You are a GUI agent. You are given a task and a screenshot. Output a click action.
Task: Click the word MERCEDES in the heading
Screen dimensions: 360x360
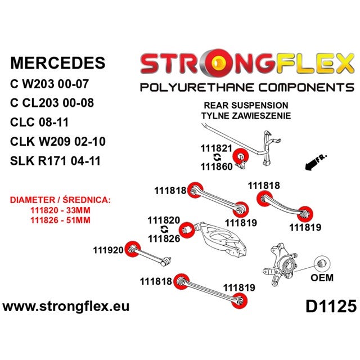[x=58, y=63]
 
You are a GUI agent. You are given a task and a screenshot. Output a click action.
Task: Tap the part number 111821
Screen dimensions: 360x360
[x=217, y=148]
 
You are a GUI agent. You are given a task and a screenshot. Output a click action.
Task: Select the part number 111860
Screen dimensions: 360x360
[x=217, y=166]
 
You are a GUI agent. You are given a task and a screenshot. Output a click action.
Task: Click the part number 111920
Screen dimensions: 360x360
[x=109, y=250]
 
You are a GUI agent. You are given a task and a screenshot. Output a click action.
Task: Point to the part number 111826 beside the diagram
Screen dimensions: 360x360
[x=164, y=238]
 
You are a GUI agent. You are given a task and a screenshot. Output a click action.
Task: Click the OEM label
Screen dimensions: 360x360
[x=322, y=278]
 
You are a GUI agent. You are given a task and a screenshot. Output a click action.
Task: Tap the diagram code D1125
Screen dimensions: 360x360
[x=331, y=306]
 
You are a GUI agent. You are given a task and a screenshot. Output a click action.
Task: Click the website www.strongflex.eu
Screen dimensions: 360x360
[x=66, y=307]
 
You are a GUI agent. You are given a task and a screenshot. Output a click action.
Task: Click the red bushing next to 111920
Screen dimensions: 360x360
[x=133, y=249]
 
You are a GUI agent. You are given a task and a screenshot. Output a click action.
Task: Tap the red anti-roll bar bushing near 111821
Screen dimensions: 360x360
[x=241, y=156]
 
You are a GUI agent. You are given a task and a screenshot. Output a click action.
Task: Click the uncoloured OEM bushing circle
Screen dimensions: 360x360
[x=322, y=263]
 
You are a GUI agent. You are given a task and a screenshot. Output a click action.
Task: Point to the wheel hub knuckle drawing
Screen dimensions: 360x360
[x=280, y=264]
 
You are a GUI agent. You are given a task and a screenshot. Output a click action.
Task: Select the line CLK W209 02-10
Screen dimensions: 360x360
[x=58, y=141]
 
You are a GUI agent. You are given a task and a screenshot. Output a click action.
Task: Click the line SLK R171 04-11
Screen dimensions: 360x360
[x=55, y=161]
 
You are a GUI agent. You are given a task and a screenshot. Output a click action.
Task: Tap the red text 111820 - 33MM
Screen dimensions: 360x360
[x=60, y=210]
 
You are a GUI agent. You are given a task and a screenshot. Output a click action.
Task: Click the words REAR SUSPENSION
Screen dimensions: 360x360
[x=246, y=105]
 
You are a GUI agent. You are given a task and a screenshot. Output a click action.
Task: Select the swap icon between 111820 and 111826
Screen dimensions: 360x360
[x=164, y=229]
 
